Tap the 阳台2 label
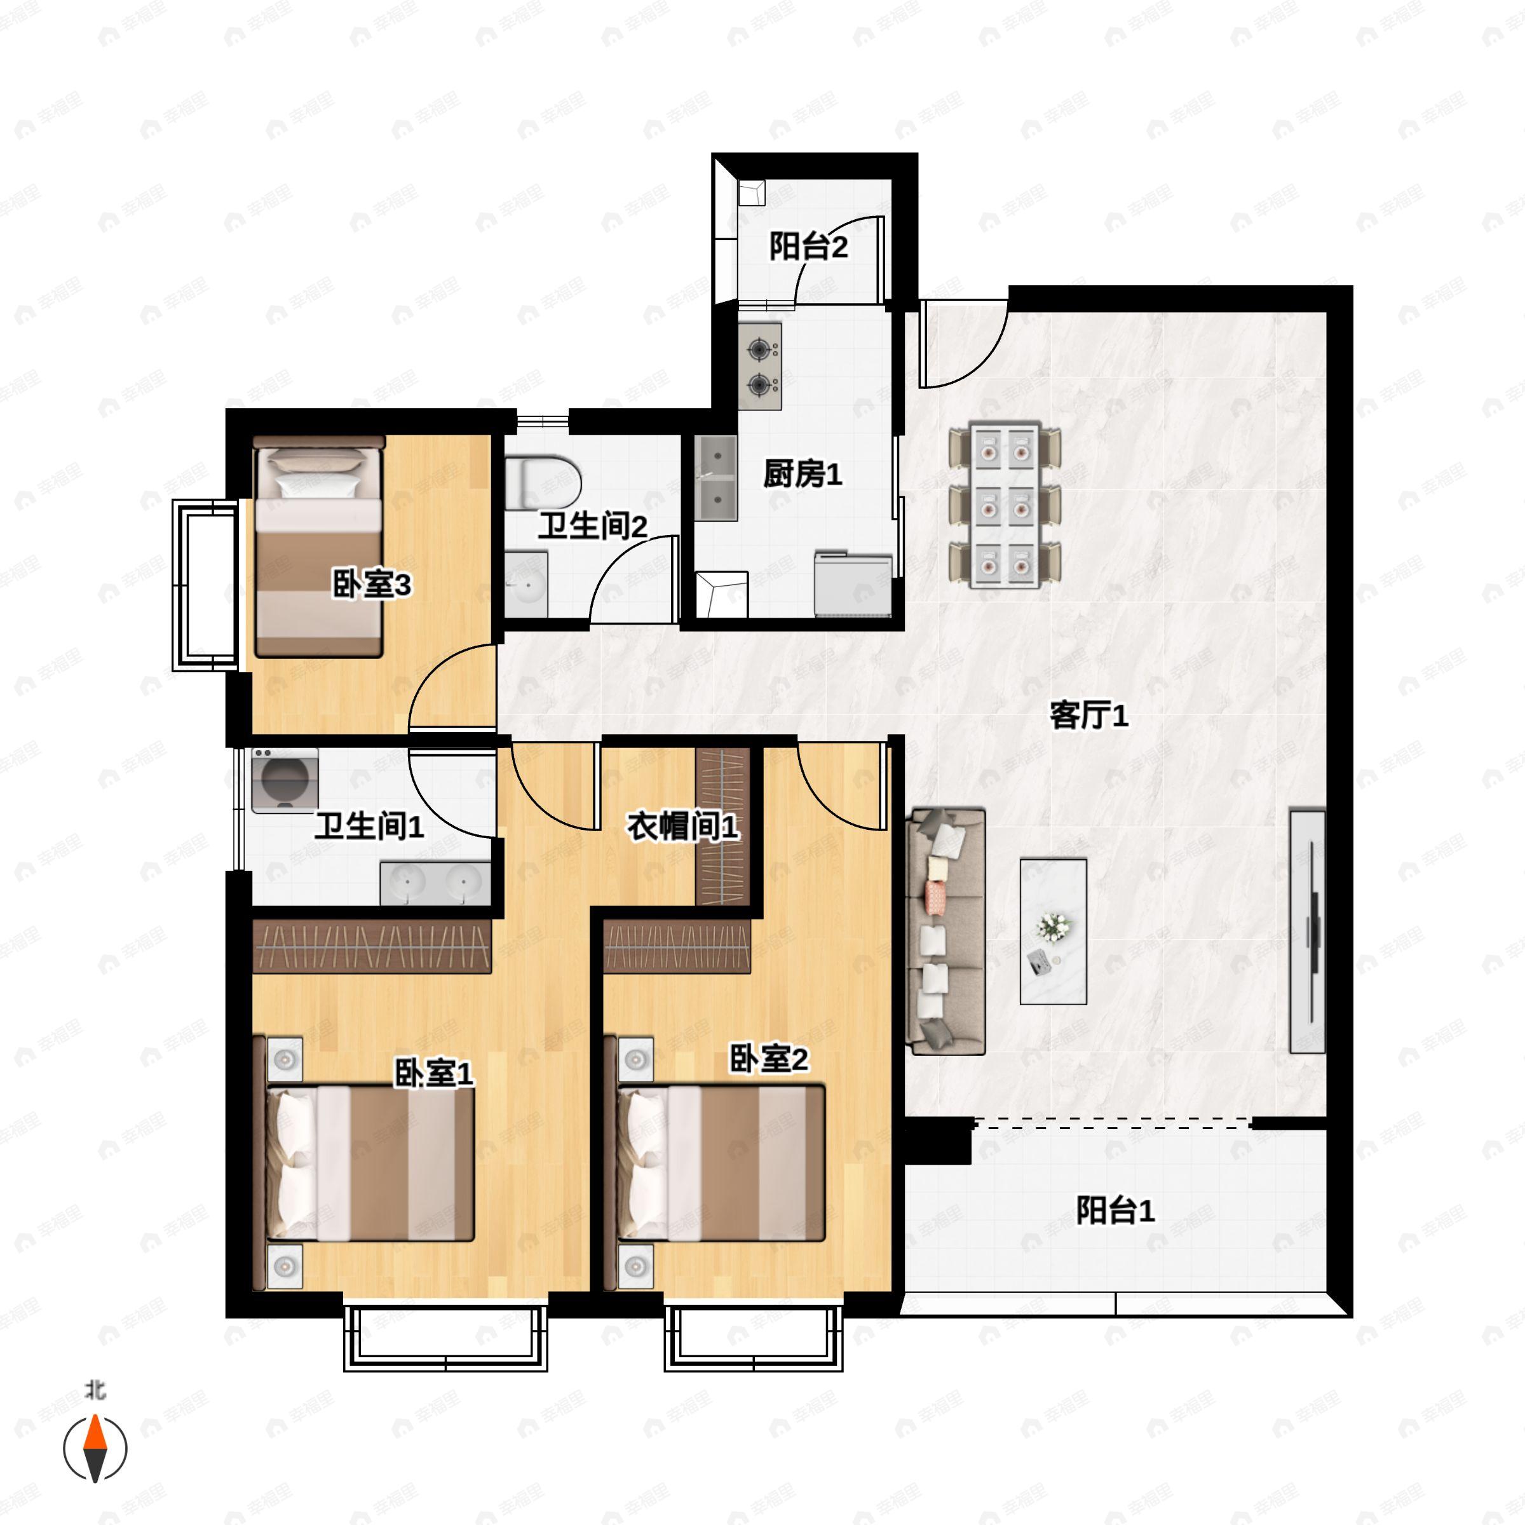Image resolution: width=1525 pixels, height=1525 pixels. [808, 247]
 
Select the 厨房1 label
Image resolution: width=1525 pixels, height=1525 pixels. [802, 473]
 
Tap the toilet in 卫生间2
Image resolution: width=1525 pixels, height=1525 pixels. [544, 481]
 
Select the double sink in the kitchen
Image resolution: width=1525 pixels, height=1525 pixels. [716, 478]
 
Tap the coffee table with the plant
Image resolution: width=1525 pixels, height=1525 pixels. [1053, 932]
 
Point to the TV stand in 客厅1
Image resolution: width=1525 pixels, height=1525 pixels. [1307, 932]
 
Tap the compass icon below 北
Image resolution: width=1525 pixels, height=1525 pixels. [95, 1449]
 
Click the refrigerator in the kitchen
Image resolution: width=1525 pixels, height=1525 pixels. [853, 584]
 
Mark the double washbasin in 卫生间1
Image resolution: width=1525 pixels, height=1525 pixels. [435, 883]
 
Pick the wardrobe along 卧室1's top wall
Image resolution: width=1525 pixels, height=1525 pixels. [372, 945]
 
